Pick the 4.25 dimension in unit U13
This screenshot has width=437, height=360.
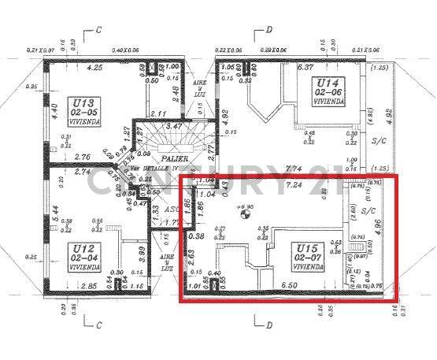coord(96,67)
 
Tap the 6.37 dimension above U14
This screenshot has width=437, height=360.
coord(306,67)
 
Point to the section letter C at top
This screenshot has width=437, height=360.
coord(98,31)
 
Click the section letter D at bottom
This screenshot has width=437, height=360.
coord(268,324)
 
